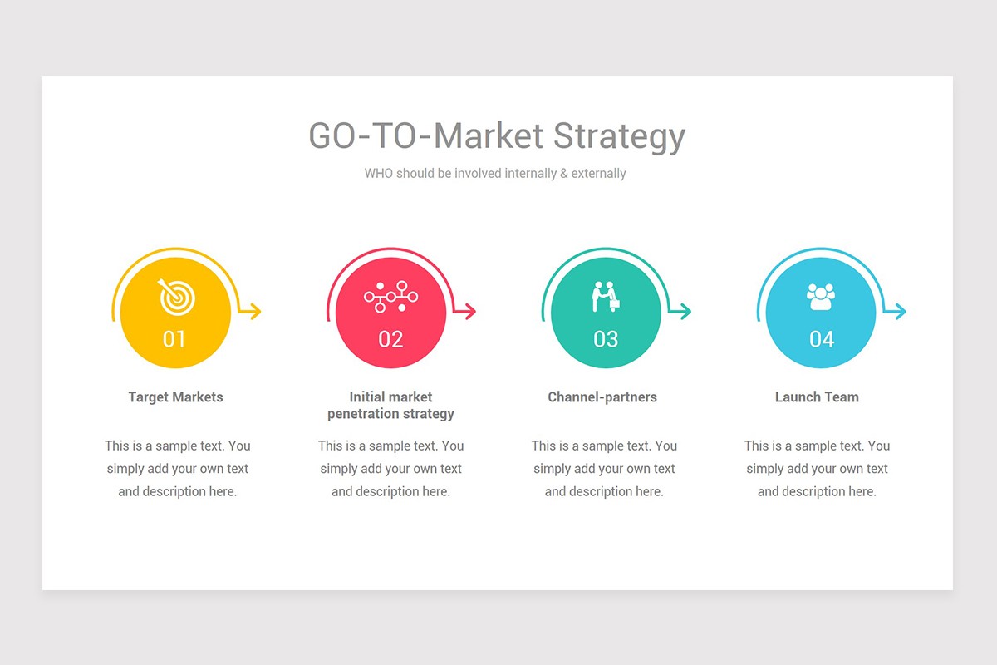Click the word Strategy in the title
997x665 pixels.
coord(619,136)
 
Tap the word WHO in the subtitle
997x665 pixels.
coord(379,174)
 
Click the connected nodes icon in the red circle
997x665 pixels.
coord(390,297)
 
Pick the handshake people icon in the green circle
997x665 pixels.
coord(606,297)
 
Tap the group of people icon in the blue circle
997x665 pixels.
coord(821,297)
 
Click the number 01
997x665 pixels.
coord(174,339)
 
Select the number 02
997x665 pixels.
coord(390,339)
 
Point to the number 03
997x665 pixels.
coord(606,339)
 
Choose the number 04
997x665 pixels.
coord(821,339)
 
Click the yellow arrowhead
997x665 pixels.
coord(255,312)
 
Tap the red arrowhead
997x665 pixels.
coord(470,312)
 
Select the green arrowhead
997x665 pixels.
coord(685,312)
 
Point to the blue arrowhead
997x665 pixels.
coord(901,312)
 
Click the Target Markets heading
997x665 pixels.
coord(175,397)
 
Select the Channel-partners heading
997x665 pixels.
coord(602,397)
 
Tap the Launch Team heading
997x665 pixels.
coord(817,397)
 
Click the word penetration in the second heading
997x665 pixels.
coord(362,414)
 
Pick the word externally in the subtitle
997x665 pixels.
coord(598,174)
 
